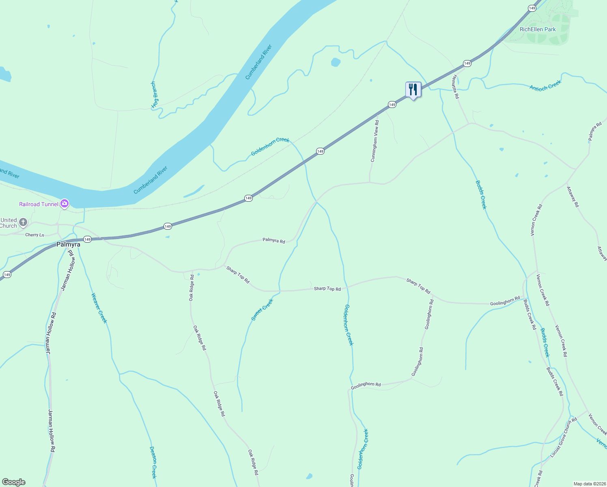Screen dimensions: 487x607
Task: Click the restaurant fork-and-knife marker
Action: (x=413, y=90)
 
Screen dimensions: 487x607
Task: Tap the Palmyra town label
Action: (x=68, y=244)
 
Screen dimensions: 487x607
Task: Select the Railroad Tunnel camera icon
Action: (x=65, y=204)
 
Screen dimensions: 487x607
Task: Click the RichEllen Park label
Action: (x=538, y=29)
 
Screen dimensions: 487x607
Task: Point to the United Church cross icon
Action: (x=23, y=222)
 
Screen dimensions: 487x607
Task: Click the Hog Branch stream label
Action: (x=155, y=95)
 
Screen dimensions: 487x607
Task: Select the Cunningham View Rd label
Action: (x=375, y=141)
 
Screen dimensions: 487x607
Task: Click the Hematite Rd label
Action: (x=456, y=87)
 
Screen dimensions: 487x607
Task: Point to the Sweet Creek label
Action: (x=262, y=310)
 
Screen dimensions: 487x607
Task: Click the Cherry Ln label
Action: (x=34, y=235)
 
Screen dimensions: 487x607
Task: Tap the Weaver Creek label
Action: (x=99, y=308)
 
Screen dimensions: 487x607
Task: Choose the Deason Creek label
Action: (x=153, y=462)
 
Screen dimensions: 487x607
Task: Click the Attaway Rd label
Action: (x=573, y=196)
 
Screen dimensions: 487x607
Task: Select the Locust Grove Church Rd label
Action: (x=563, y=438)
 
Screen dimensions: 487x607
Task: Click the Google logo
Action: (x=14, y=482)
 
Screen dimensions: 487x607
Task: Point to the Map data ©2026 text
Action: (x=589, y=484)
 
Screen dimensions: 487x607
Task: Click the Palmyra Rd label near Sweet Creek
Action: (x=273, y=240)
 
